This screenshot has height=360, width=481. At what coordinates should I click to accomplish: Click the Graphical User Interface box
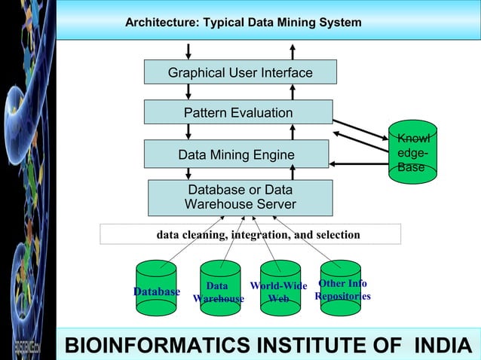point(240,72)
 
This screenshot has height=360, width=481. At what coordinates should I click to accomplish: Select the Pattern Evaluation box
point(238,112)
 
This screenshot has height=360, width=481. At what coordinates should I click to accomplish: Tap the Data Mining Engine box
point(236,154)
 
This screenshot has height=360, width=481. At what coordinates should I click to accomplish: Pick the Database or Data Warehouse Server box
point(240,197)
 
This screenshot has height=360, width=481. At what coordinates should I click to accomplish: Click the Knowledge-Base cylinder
point(412,153)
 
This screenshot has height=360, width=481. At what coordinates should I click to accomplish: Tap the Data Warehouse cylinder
point(219,288)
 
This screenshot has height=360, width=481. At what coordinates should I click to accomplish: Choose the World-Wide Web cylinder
point(279,288)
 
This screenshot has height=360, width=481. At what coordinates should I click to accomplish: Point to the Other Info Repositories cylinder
point(341,286)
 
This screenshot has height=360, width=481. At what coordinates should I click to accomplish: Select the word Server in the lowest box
point(274,205)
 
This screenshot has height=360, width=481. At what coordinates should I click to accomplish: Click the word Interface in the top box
point(282,72)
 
